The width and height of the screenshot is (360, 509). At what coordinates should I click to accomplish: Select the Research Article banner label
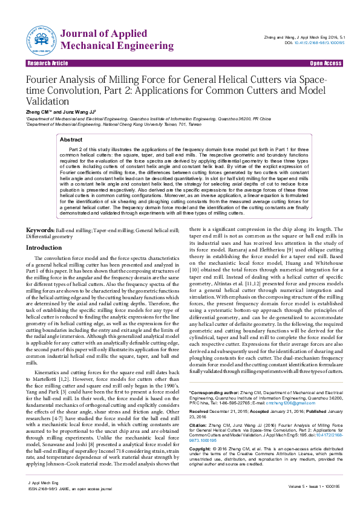pos(47,63)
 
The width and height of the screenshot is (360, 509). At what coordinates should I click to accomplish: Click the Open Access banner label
pos(326,63)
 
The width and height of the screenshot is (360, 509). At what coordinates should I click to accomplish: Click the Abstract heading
pos(71,139)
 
